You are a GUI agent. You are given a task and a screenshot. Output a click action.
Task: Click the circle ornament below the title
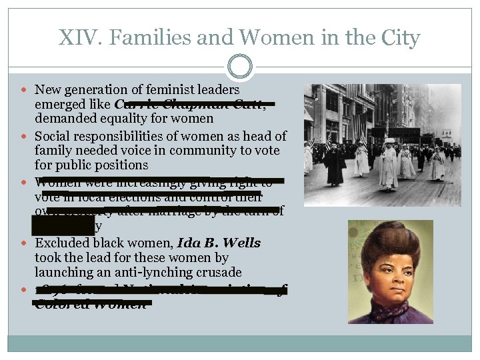239,67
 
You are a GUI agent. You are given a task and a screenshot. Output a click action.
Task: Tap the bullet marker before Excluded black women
25,243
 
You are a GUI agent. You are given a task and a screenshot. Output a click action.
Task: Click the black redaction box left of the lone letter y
63,227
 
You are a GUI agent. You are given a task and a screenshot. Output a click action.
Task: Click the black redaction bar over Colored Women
93,303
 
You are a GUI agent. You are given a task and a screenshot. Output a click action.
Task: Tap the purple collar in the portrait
393,312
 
